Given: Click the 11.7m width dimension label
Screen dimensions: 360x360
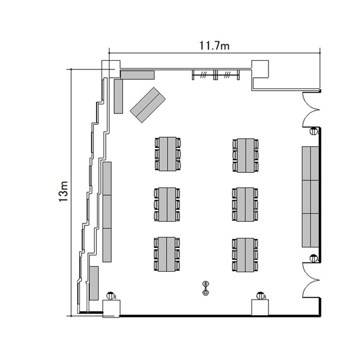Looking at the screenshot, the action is [x=214, y=46].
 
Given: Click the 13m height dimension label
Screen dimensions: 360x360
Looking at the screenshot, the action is [x=63, y=192].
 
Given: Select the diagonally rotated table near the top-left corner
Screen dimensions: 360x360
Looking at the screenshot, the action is [x=148, y=105].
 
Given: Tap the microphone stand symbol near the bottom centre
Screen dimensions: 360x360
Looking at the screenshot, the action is [x=205, y=288].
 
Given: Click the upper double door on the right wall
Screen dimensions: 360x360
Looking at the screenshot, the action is [x=311, y=109].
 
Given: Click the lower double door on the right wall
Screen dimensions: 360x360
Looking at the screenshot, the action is [x=311, y=280].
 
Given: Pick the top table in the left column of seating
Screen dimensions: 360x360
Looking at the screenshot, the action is [x=168, y=154].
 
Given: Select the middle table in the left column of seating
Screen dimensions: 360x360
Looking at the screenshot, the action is [x=167, y=204].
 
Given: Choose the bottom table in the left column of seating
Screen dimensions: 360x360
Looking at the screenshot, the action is [x=167, y=254].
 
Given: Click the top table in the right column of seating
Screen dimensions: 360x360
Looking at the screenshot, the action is [x=246, y=156].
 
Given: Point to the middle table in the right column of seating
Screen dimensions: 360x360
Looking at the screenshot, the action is [x=245, y=204].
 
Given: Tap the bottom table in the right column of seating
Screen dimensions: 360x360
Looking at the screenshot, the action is [x=245, y=255].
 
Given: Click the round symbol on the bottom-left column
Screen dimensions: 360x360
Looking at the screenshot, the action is [x=111, y=296].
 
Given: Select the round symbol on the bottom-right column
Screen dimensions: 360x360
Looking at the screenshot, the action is [x=260, y=296].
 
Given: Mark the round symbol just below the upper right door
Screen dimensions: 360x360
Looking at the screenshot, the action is [x=313, y=131].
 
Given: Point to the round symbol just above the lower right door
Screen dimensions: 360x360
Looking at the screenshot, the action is [x=313, y=258].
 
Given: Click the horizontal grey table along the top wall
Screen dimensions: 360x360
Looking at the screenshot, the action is [x=137, y=75].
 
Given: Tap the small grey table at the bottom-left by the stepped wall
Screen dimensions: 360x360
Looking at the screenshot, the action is [x=94, y=283].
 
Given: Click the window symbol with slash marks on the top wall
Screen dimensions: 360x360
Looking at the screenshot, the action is [x=216, y=75].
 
